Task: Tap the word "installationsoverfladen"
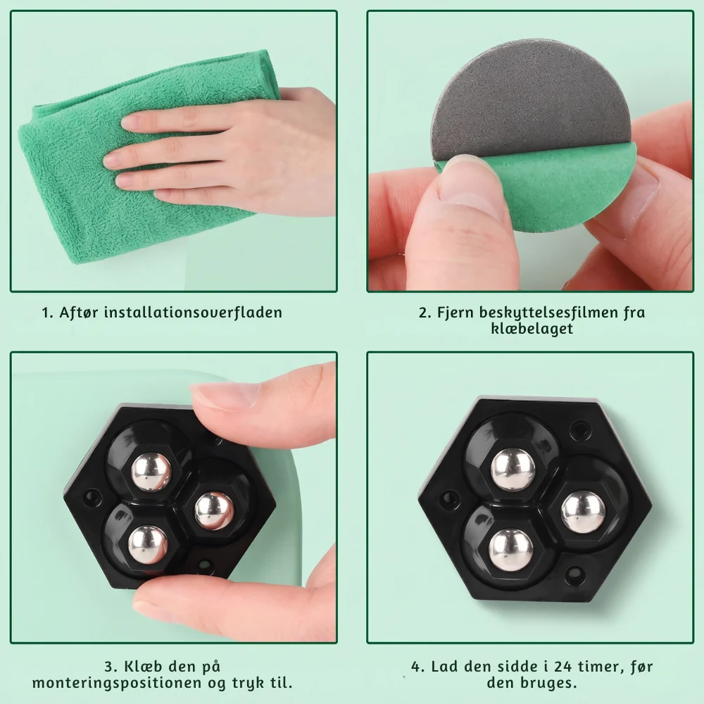click(193, 312)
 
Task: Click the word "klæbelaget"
click(532, 329)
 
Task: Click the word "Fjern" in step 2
click(455, 313)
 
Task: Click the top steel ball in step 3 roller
click(151, 472)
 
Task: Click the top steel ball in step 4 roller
click(513, 470)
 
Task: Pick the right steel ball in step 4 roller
click(583, 512)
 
